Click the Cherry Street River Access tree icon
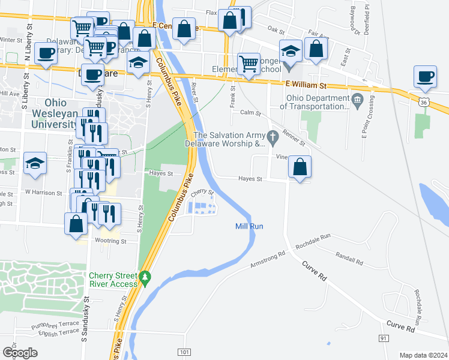(145, 278)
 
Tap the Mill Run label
(249, 226)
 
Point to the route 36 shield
(424, 103)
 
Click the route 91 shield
(382, 338)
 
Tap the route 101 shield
(184, 352)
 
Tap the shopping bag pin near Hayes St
(300, 167)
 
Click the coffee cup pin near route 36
(425, 77)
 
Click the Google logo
(20, 353)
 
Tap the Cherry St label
(202, 193)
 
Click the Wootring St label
(110, 241)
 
